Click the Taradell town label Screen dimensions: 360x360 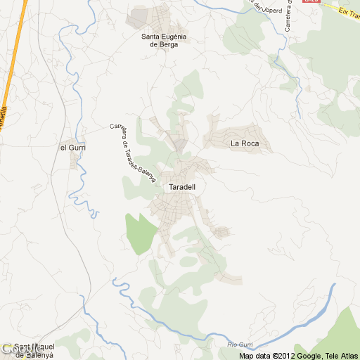(182, 188)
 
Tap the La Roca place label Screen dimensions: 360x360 (245, 144)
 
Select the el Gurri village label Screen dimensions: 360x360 (72, 147)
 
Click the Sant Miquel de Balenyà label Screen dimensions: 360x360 (34, 351)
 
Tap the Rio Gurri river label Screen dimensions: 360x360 (240, 344)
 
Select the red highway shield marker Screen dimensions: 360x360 (310, 2)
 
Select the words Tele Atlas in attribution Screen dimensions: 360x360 (340, 356)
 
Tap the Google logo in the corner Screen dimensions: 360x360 (14, 349)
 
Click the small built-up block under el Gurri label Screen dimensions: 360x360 (75, 160)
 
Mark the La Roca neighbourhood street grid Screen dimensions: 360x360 (236, 135)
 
